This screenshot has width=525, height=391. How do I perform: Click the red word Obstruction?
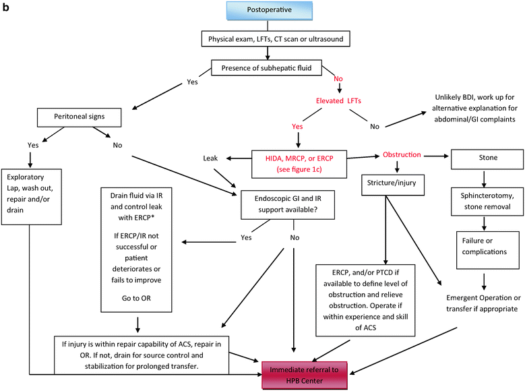pyautogui.click(x=402, y=154)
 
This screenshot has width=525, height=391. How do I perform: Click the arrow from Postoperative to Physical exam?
pyautogui.click(x=268, y=27)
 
